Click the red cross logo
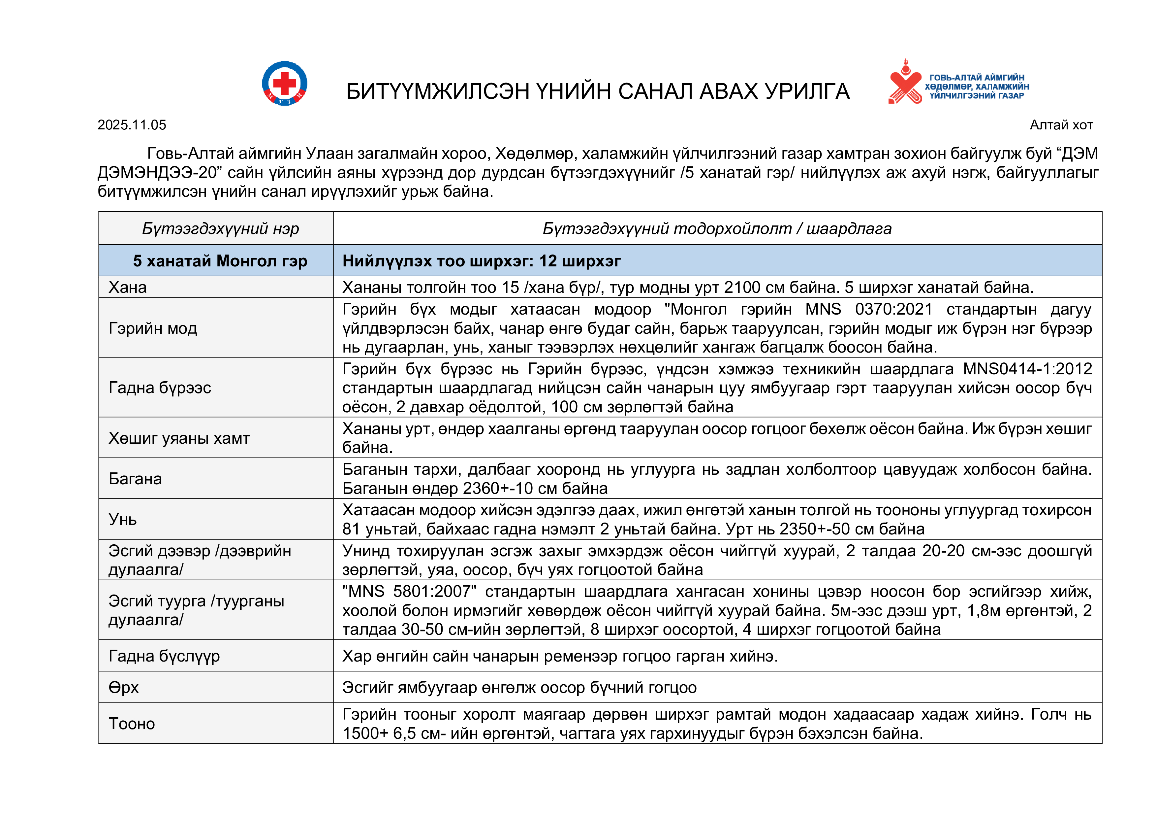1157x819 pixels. pyautogui.click(x=285, y=83)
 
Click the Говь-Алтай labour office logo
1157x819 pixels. pyautogui.click(x=958, y=83)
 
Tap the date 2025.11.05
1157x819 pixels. pyautogui.click(x=132, y=125)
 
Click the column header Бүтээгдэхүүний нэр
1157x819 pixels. pyautogui.click(x=220, y=228)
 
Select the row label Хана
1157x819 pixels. pyautogui.click(x=128, y=288)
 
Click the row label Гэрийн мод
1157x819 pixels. pyautogui.click(x=153, y=328)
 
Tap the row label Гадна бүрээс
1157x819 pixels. pyautogui.click(x=159, y=388)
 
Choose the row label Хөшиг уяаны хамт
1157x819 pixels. pyautogui.click(x=179, y=438)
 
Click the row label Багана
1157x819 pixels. pyautogui.click(x=135, y=479)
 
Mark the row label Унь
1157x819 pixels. pyautogui.click(x=122, y=520)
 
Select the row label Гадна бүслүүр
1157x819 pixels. pyautogui.click(x=164, y=656)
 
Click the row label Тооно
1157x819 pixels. pyautogui.click(x=132, y=724)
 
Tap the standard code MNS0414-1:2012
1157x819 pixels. pyautogui.click(x=1027, y=369)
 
